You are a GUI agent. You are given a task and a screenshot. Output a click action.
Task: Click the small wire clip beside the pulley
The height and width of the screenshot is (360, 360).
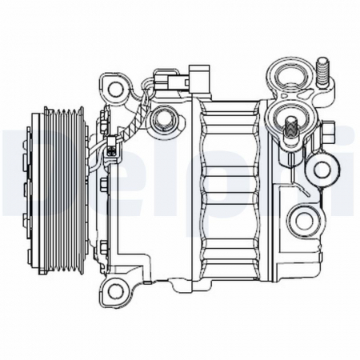pos(110,150)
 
